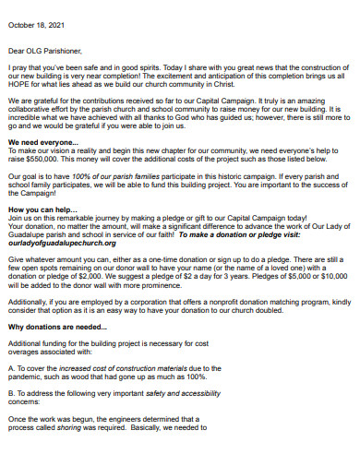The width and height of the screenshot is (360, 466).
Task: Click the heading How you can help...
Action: click(x=39, y=209)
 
